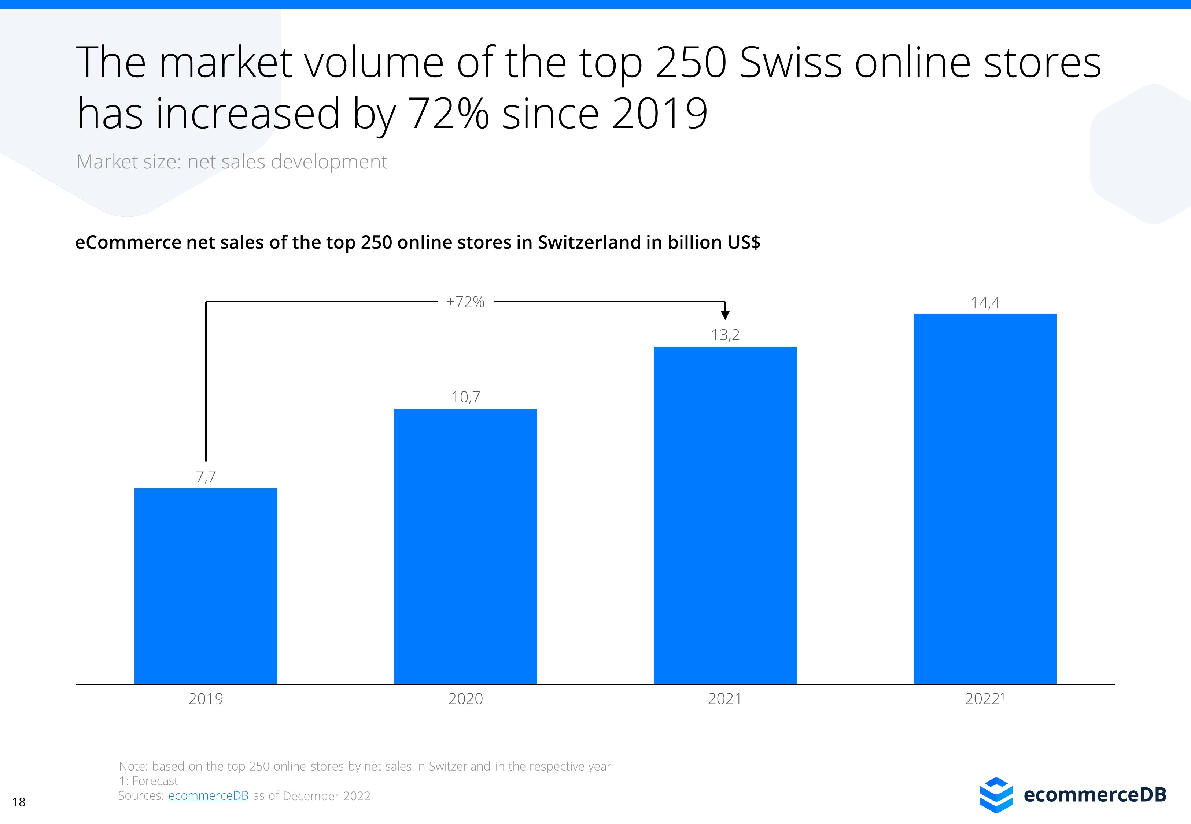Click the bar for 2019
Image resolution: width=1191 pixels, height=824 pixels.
pyautogui.click(x=206, y=586)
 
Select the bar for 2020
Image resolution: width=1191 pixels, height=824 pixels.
pyautogui.click(x=465, y=546)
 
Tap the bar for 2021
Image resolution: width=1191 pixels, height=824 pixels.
pyautogui.click(x=725, y=515)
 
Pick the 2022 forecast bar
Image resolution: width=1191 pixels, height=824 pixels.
pyautogui.click(x=984, y=499)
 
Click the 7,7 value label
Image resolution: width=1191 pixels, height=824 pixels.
pyautogui.click(x=206, y=476)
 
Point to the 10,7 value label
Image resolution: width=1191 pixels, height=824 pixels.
pyautogui.click(x=465, y=397)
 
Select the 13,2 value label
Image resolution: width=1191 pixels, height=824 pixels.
pyautogui.click(x=725, y=335)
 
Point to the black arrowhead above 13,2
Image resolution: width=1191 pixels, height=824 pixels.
pyautogui.click(x=725, y=315)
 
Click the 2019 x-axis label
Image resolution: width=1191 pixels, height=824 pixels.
pyautogui.click(x=206, y=698)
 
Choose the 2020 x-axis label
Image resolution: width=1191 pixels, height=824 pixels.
pyautogui.click(x=465, y=698)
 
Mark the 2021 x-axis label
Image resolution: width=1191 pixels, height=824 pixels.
pyautogui.click(x=724, y=698)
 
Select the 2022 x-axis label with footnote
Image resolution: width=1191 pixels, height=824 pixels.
pyautogui.click(x=984, y=698)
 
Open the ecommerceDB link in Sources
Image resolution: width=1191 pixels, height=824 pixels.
pyautogui.click(x=208, y=795)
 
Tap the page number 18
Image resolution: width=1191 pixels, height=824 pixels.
pyautogui.click(x=19, y=802)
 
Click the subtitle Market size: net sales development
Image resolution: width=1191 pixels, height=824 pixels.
pyautogui.click(x=231, y=162)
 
